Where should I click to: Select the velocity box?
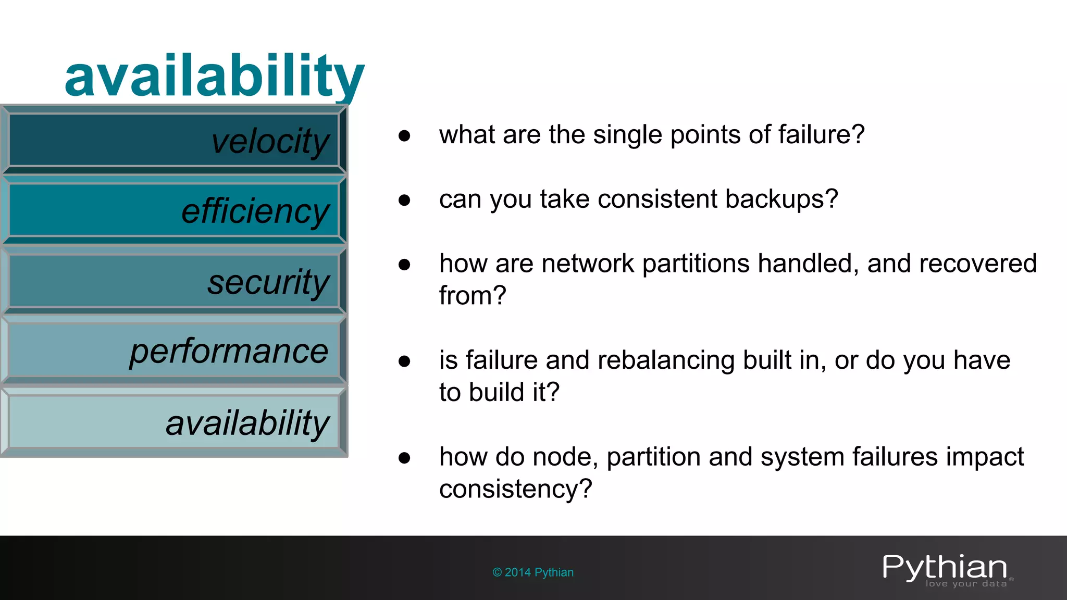(x=174, y=141)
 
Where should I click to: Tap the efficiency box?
(x=174, y=210)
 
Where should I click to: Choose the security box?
(x=174, y=281)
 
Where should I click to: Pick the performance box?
(x=174, y=351)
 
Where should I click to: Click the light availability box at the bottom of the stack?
(x=174, y=421)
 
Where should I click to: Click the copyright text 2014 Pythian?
(x=533, y=572)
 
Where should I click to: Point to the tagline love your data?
(x=966, y=584)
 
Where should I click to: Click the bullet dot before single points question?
(x=404, y=136)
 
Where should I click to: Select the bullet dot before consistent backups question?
(x=404, y=200)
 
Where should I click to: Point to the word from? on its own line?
(x=472, y=296)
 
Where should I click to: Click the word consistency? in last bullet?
(x=515, y=489)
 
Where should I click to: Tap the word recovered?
(x=977, y=264)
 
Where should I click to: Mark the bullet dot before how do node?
(x=404, y=458)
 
